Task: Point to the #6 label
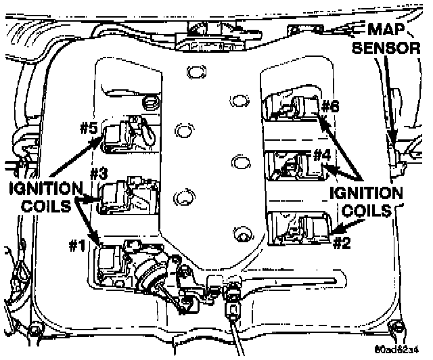click(x=330, y=106)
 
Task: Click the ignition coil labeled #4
click(x=308, y=166)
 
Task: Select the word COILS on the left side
click(x=42, y=206)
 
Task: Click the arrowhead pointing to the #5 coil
click(x=106, y=143)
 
